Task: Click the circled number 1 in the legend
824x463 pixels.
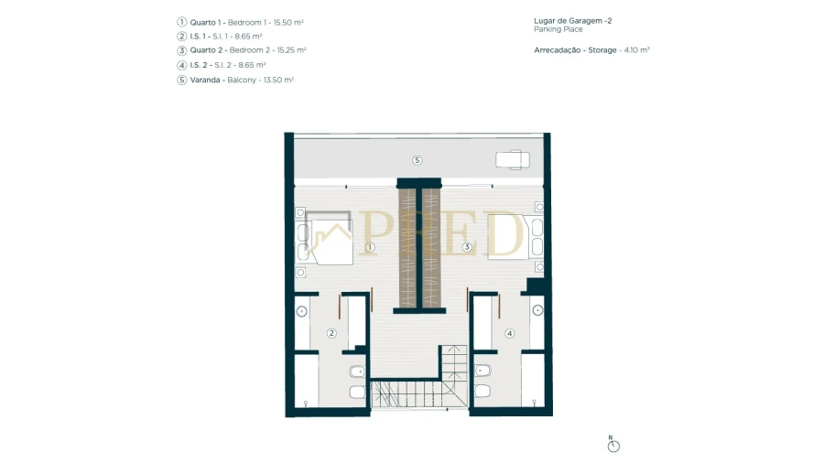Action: (182, 22)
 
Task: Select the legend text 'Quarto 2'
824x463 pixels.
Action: (207, 50)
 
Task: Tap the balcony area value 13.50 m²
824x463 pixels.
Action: (278, 81)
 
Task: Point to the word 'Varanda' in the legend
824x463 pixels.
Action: (205, 81)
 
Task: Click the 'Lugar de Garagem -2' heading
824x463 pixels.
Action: (573, 21)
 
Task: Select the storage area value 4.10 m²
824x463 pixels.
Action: (636, 50)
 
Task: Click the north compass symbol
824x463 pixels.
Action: (613, 445)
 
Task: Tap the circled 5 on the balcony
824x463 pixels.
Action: (417, 160)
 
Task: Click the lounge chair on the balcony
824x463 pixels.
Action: (513, 159)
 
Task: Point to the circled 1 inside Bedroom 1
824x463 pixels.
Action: (370, 247)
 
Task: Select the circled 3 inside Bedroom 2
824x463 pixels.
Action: (467, 247)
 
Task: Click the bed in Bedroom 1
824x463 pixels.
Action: (329, 238)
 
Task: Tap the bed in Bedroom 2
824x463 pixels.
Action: (508, 236)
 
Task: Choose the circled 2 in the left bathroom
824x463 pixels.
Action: (331, 333)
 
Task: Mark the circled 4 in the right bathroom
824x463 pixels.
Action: (509, 333)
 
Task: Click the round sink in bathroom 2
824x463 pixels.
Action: (537, 311)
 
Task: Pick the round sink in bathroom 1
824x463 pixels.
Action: (301, 312)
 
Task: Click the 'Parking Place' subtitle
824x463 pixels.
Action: (558, 29)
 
